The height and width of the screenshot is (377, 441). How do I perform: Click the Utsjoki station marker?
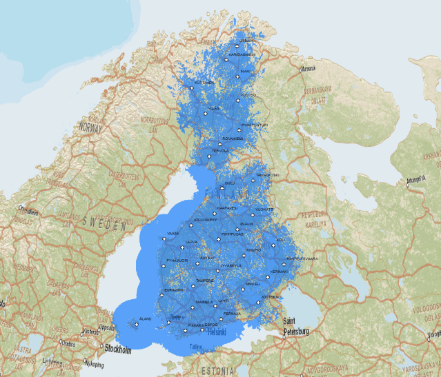point(236,45)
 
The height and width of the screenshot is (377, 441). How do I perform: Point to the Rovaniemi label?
point(233,138)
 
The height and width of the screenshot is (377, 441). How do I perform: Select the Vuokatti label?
point(264,209)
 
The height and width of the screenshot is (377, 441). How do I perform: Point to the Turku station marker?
point(168,322)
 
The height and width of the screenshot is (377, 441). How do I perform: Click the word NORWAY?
point(90,128)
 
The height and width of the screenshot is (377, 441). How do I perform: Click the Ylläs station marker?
point(205,113)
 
